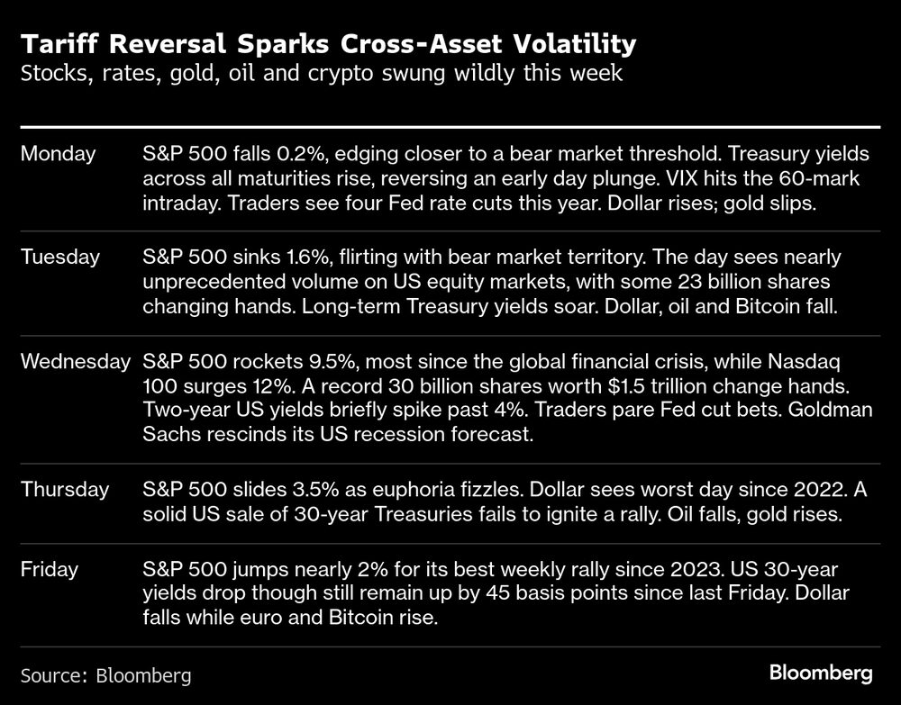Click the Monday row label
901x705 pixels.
[x=58, y=154]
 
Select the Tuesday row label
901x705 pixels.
[x=60, y=258]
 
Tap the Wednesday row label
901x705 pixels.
[x=76, y=362]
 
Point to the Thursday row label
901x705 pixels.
[x=65, y=490]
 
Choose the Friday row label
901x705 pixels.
[x=49, y=569]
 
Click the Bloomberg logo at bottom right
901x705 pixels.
[x=821, y=673]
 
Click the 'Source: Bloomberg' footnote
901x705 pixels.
[x=105, y=674]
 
